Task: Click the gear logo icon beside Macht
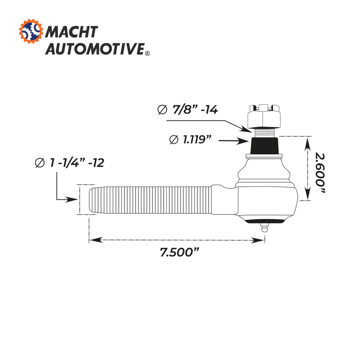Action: click(31, 32)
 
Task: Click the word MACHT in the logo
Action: click(72, 32)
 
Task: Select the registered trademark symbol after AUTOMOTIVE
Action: click(147, 53)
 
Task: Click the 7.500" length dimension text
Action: click(179, 252)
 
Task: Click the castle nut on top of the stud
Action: click(264, 116)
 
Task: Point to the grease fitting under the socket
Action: click(264, 228)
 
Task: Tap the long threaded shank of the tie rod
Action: click(151, 200)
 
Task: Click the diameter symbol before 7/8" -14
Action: click(162, 110)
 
